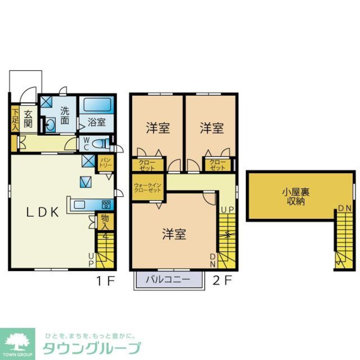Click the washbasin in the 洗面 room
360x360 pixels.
pos(50,126)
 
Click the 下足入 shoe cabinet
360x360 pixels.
pos(15,118)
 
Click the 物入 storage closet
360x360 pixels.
pos(105,221)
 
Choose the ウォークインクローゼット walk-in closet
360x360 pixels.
pos(147,188)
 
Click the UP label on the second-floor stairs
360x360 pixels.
pos(228,210)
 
